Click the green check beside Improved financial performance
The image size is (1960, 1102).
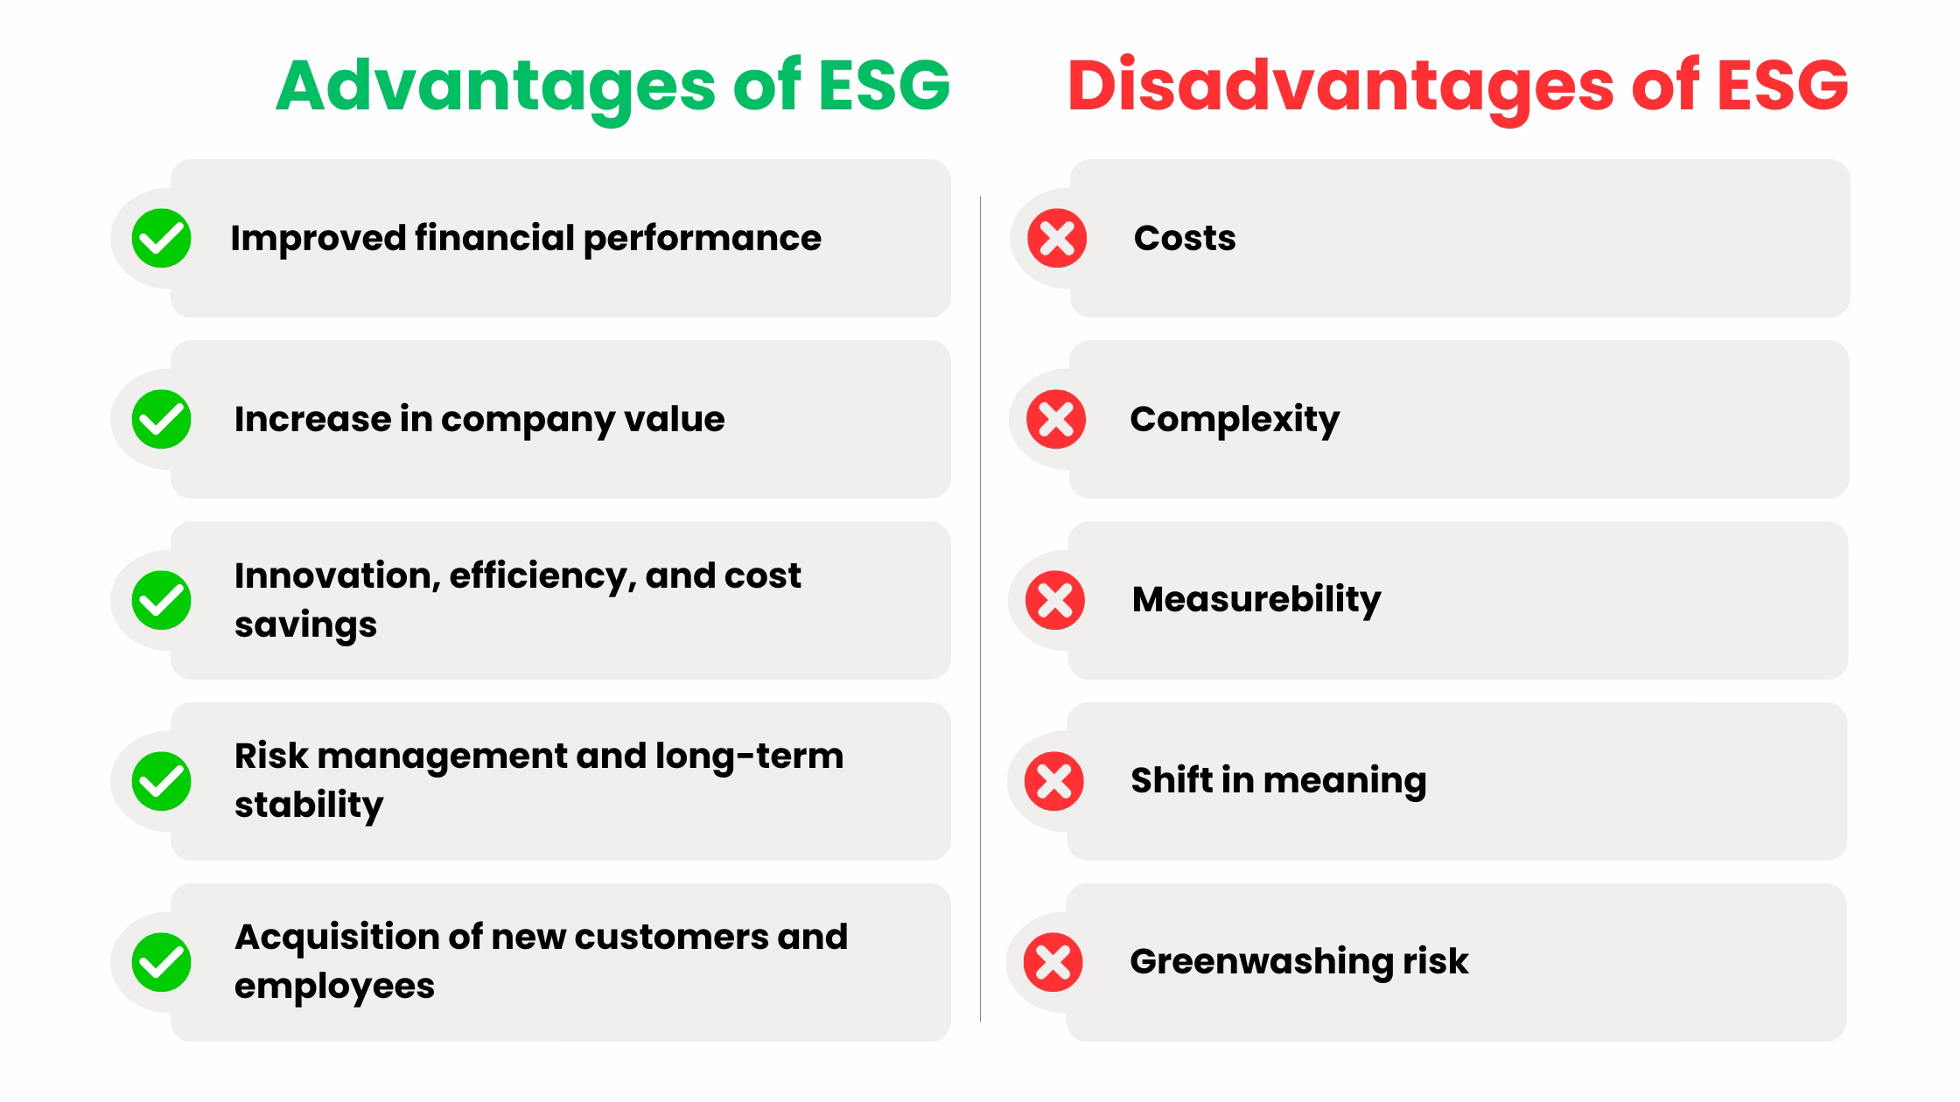click(x=162, y=238)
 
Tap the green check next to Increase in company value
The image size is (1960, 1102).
click(x=162, y=419)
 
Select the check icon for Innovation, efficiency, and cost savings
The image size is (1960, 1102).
click(x=162, y=600)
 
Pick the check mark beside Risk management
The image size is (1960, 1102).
click(x=162, y=781)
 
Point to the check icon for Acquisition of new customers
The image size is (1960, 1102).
click(x=162, y=962)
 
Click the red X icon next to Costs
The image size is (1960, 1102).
click(x=1057, y=238)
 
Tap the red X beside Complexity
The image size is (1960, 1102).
click(x=1056, y=419)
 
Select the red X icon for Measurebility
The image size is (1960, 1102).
click(x=1055, y=600)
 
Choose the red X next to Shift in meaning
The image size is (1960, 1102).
click(x=1054, y=781)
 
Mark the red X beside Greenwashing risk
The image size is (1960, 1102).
click(x=1053, y=962)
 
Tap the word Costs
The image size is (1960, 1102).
click(x=1185, y=238)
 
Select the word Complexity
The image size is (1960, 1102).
click(x=1235, y=420)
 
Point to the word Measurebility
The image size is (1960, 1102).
click(x=1256, y=600)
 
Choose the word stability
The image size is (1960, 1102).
click(x=309, y=806)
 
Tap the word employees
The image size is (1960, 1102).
click(x=334, y=987)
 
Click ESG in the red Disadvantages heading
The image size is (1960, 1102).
click(x=1781, y=87)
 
